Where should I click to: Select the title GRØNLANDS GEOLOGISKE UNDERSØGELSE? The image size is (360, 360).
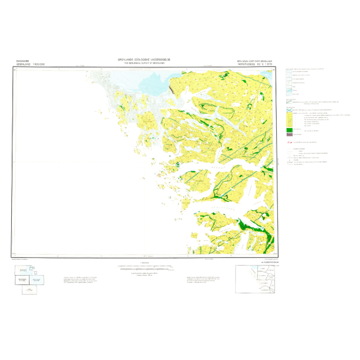tap(143, 60)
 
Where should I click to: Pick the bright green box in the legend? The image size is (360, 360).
tap(290, 129)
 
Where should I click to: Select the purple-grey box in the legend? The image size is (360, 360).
tap(290, 135)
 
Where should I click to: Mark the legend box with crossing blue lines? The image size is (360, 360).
tap(290, 109)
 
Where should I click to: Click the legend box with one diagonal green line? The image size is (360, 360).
tap(290, 102)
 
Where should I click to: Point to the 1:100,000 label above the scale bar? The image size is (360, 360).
tap(144, 263)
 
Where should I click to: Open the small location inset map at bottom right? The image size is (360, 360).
tap(255, 279)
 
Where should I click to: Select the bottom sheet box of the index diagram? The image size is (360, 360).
tap(29, 289)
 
